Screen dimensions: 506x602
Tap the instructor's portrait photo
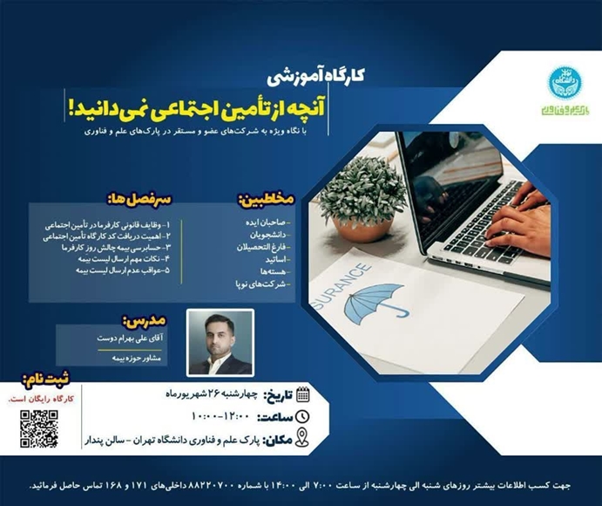[x=221, y=342]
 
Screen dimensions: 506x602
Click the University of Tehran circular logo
[x=564, y=82]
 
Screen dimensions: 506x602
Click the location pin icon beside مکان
[x=301, y=438]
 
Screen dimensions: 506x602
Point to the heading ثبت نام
[x=46, y=382]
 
